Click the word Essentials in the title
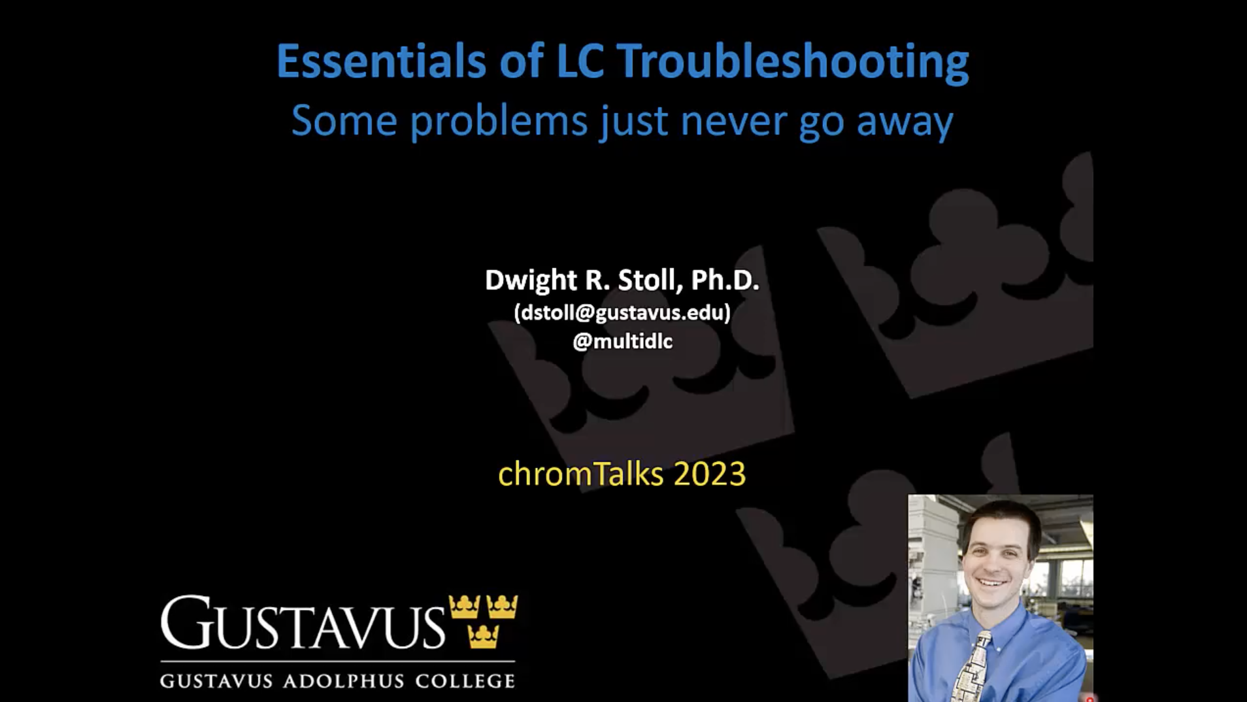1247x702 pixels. coord(381,61)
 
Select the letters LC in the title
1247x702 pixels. coord(580,61)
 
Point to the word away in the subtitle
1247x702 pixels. coord(905,124)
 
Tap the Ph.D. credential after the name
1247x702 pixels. coord(725,280)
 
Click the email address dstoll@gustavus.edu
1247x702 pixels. coord(622,312)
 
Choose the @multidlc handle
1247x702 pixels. coord(622,341)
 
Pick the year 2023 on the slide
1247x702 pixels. coord(709,474)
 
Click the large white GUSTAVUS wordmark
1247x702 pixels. coord(303,622)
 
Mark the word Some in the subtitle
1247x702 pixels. coord(344,122)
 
